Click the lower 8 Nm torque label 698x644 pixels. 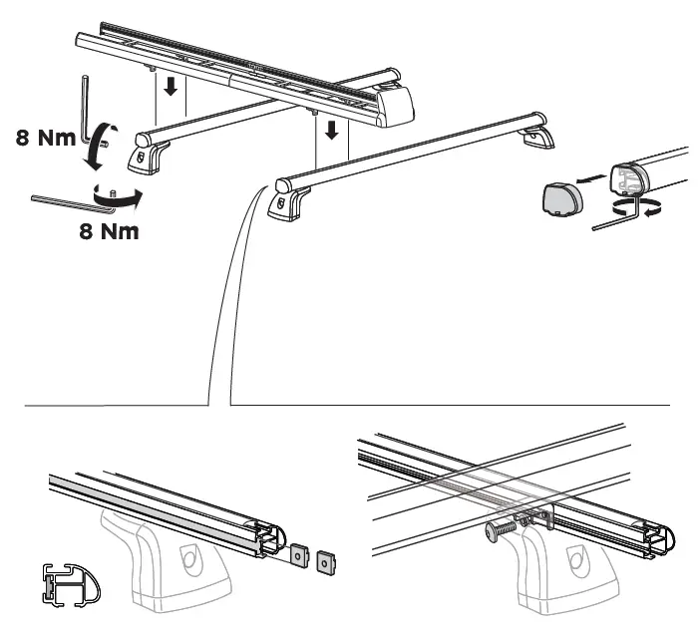coord(110,232)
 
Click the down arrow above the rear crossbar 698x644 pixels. coord(170,88)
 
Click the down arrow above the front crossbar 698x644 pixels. coord(331,130)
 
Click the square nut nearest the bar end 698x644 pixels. coord(299,552)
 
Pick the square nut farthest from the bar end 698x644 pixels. coord(323,563)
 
